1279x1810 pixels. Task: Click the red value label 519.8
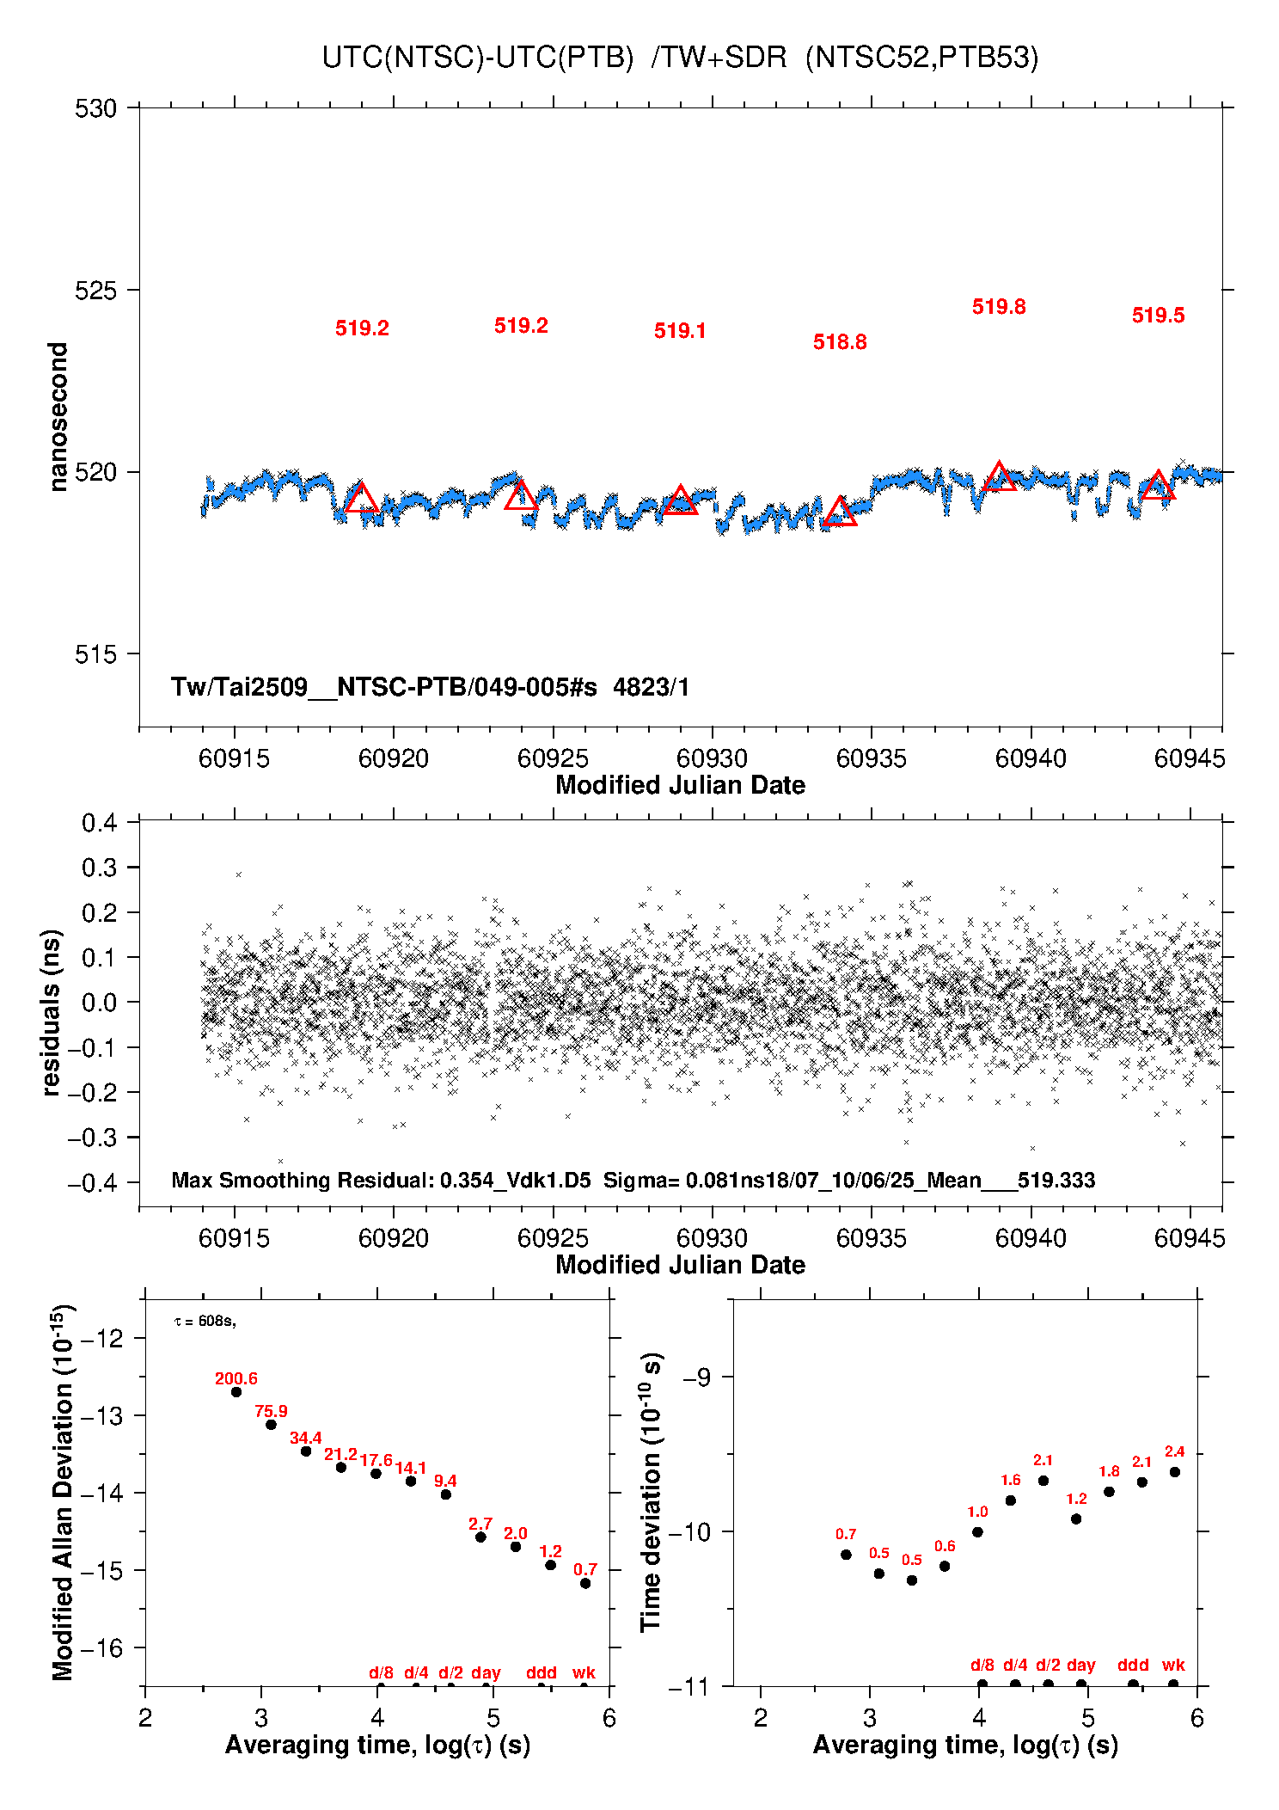click(999, 307)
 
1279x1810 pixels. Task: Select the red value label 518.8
click(840, 342)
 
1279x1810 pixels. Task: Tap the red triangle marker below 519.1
click(681, 500)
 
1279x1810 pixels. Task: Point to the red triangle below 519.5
click(1158, 484)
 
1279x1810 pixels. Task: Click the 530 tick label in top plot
click(95, 108)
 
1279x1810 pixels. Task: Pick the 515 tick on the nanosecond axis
click(95, 654)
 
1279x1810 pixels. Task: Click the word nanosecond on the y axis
click(58, 417)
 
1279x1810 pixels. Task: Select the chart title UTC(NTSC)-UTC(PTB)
click(478, 58)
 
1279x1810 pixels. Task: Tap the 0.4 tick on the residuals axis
click(99, 823)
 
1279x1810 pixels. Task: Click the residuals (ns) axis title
click(52, 1012)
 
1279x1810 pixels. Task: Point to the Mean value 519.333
click(1056, 1180)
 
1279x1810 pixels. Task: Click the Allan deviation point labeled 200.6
click(236, 1391)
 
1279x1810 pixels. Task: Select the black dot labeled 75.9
click(271, 1424)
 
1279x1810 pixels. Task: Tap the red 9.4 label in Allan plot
click(445, 1481)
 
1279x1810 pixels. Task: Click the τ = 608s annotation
click(205, 1321)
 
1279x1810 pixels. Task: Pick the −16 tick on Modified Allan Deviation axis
click(101, 1648)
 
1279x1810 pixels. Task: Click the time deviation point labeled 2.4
click(1175, 1472)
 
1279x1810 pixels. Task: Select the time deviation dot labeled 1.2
click(1076, 1519)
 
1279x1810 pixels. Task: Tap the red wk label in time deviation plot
click(1173, 1665)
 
